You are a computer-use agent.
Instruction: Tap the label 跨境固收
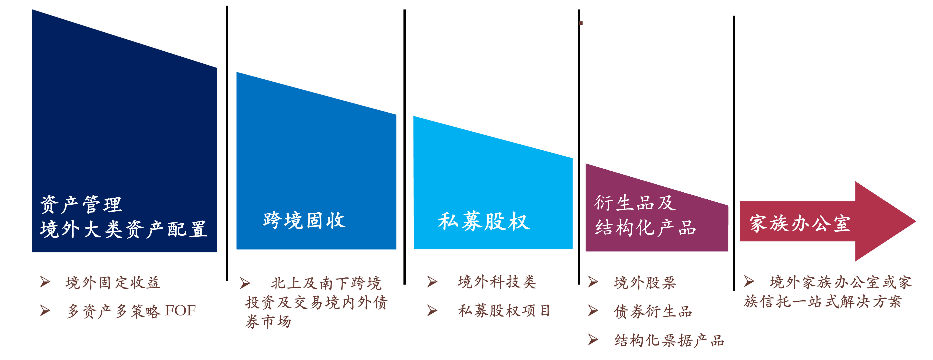304,220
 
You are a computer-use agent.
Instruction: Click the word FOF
180,311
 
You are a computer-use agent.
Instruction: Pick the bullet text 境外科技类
497,282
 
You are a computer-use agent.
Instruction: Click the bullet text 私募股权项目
504,311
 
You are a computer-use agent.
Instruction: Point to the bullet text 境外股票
645,282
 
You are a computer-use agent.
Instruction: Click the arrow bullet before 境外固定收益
45,282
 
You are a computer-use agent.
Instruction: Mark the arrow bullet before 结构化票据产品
593,340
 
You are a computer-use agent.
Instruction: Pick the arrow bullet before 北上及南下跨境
245,283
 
